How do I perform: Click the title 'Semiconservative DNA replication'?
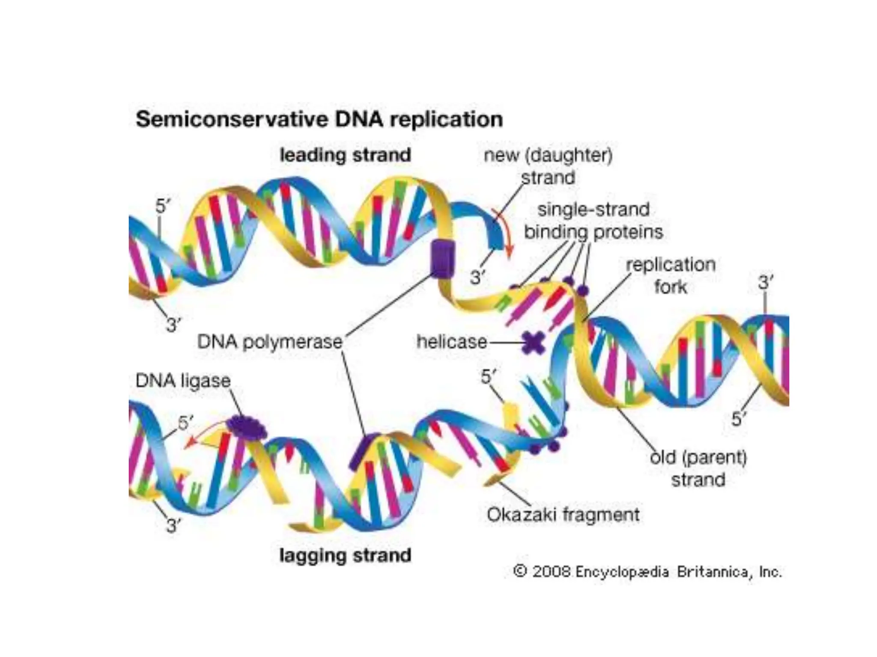coord(319,119)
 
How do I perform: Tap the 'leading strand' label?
coord(345,155)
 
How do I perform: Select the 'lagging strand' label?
coord(345,555)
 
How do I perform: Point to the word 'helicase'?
coord(452,342)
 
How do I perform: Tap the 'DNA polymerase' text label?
coord(270,342)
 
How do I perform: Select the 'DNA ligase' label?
coord(183,381)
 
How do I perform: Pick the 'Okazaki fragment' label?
coord(563,515)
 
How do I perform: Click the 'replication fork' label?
coord(671,275)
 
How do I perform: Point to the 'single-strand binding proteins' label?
coord(594,221)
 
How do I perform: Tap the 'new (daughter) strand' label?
coord(548,166)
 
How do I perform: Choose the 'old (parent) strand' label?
coord(698,468)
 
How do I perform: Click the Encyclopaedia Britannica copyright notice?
coord(647,572)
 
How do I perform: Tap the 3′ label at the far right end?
coord(765,283)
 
